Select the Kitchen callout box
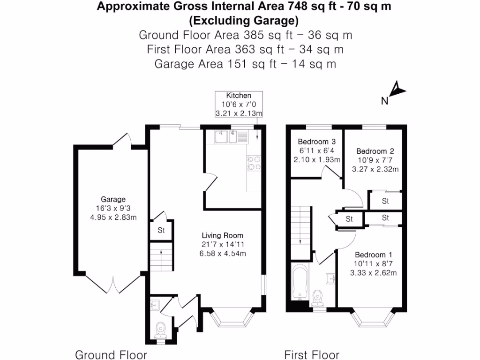point(239,104)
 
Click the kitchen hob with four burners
point(254,162)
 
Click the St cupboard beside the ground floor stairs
point(161,231)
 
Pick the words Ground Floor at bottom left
point(111,354)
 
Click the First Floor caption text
point(312,354)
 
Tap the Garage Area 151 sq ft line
point(245,64)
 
